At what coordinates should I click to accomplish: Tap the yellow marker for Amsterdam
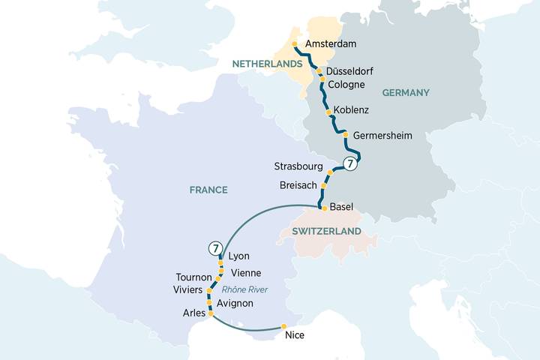(294, 43)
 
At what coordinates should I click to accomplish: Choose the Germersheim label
(382, 136)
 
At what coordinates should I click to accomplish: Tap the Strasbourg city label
(298, 166)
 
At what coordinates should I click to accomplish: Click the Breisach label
(299, 184)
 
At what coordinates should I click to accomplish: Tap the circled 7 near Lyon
(215, 247)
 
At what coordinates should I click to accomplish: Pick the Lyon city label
(238, 256)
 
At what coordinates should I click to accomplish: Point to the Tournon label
(194, 277)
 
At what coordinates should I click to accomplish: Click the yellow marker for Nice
(283, 325)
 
